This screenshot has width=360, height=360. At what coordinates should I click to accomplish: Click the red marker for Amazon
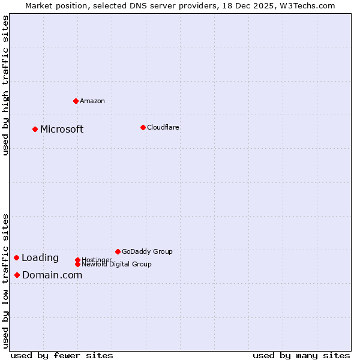[x=76, y=101]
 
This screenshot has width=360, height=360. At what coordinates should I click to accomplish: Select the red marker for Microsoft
[x=35, y=129]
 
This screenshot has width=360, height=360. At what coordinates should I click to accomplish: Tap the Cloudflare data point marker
[x=143, y=127]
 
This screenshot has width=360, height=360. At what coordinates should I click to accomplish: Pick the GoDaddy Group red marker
[x=118, y=251]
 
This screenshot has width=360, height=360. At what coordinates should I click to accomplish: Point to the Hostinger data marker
[x=77, y=260]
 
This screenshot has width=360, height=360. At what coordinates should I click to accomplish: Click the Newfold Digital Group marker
[x=77, y=264]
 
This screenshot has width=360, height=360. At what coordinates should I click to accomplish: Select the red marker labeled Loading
[x=16, y=257]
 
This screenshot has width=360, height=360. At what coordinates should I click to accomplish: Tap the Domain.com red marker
[x=17, y=275]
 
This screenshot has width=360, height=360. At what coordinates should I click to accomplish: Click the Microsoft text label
[x=62, y=130]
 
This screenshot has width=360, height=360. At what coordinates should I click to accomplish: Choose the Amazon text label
[x=92, y=101]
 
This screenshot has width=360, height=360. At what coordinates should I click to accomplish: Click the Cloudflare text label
[x=163, y=127]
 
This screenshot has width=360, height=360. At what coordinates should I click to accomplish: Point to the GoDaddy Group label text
[x=147, y=251]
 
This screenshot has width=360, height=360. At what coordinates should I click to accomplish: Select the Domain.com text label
[x=52, y=275]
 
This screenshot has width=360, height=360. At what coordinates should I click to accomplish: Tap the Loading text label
[x=40, y=258]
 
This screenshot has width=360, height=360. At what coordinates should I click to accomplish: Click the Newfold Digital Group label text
[x=116, y=265]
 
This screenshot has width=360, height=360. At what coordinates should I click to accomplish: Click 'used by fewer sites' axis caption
[x=62, y=355]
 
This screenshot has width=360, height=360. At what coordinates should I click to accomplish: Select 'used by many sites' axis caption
[x=301, y=355]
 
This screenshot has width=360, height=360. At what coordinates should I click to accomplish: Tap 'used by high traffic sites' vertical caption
[x=5, y=85]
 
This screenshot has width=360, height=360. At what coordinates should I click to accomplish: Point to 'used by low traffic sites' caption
[x=5, y=281]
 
